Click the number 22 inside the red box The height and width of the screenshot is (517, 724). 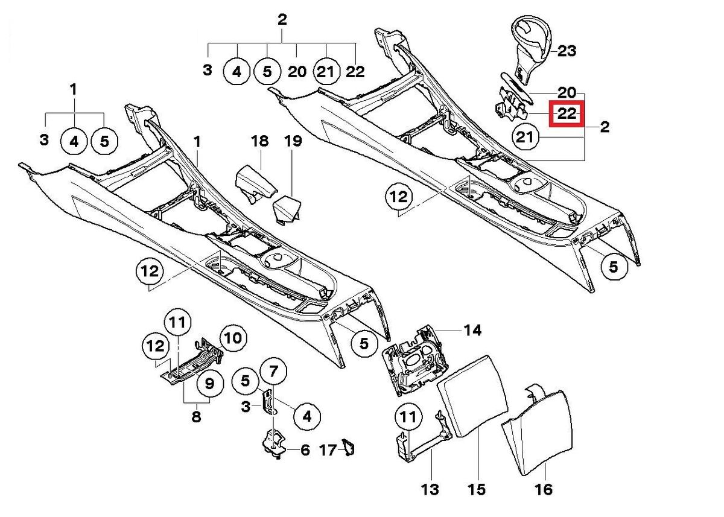pos(564,113)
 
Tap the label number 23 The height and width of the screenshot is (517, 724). pos(567,51)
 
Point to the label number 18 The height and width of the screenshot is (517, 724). pos(259,142)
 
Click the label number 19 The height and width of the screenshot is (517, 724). pos(293,142)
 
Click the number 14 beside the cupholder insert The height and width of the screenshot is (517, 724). pos(472,330)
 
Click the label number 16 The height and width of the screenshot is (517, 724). pos(544,489)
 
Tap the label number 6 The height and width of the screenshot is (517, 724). pos(305,450)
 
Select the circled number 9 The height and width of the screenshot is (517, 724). pos(209,382)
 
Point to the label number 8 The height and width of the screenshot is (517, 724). pos(196,416)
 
